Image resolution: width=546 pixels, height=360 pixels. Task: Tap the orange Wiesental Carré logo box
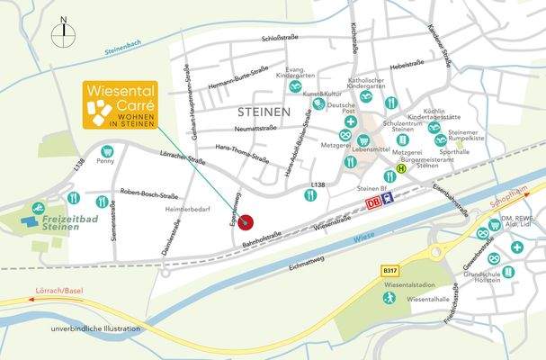pyautogui.click(x=121, y=105)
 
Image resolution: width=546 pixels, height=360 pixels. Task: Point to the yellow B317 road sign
pyautogui.click(x=389, y=269)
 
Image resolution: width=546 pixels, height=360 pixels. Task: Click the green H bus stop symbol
pyautogui.click(x=403, y=166)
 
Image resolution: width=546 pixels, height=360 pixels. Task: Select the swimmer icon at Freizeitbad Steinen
pyautogui.click(x=39, y=208)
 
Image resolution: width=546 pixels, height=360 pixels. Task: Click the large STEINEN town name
pyautogui.click(x=265, y=112)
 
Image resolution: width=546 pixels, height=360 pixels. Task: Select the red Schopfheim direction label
pyautogui.click(x=510, y=207)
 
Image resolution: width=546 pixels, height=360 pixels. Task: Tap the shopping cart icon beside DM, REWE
pyautogui.click(x=484, y=232)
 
